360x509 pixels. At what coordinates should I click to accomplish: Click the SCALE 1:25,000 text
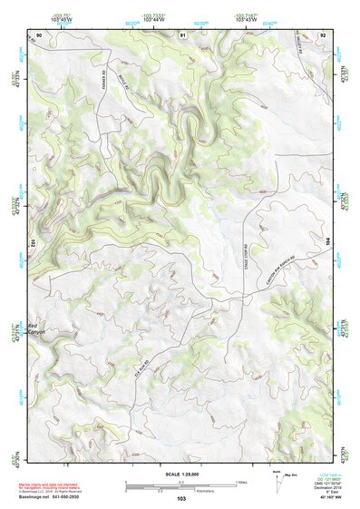[180, 475]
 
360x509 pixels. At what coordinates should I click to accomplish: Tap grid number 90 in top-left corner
[39, 34]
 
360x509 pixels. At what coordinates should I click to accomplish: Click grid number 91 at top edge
[183, 34]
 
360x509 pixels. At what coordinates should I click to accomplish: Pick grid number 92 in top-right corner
[322, 34]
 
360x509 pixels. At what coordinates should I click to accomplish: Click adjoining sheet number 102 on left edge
[33, 243]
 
